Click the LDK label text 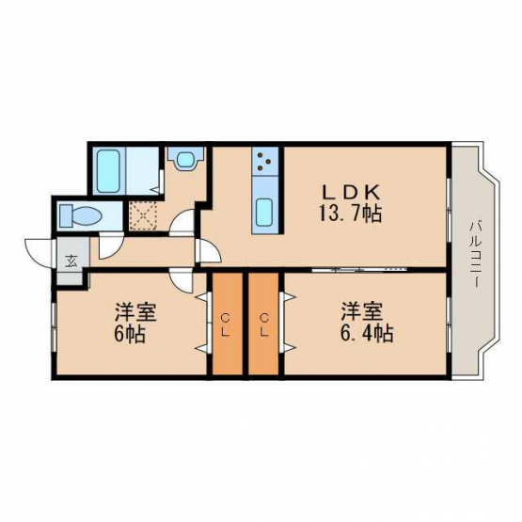[351, 192]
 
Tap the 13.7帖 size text [351, 214]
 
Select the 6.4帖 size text [366, 333]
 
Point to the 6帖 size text [130, 334]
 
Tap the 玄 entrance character [71, 261]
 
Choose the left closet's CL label [226, 326]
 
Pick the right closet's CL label [264, 326]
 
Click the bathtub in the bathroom [109, 170]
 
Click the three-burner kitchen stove [265, 161]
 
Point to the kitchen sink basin [265, 213]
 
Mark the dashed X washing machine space [143, 215]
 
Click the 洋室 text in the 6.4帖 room [361, 311]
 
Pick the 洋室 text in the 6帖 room [135, 311]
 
